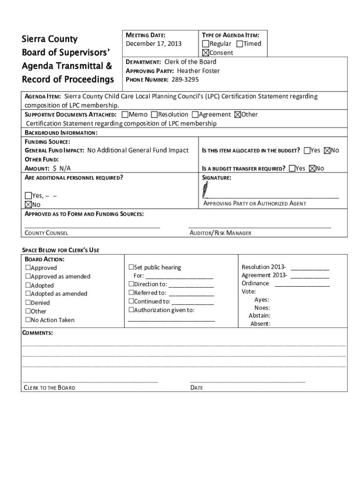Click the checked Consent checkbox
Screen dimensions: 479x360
click(206, 53)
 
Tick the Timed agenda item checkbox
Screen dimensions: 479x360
click(240, 44)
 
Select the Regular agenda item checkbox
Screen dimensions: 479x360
click(206, 44)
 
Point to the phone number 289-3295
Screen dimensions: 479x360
click(185, 80)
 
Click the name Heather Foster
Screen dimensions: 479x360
click(198, 71)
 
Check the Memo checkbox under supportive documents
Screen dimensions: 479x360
click(125, 115)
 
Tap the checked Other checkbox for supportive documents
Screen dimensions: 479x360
click(238, 115)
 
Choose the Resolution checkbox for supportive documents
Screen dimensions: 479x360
click(155, 115)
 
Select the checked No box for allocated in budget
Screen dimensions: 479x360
click(327, 151)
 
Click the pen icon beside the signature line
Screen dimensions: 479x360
click(206, 190)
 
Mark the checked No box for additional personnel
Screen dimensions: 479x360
click(28, 204)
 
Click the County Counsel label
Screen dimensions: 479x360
click(46, 233)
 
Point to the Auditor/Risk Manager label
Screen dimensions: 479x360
click(220, 233)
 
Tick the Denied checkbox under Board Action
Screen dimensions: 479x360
click(28, 303)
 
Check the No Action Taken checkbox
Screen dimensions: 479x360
click(28, 320)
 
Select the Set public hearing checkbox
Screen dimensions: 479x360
click(131, 268)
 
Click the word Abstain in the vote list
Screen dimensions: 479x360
click(259, 316)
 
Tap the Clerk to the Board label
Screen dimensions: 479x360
click(50, 388)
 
